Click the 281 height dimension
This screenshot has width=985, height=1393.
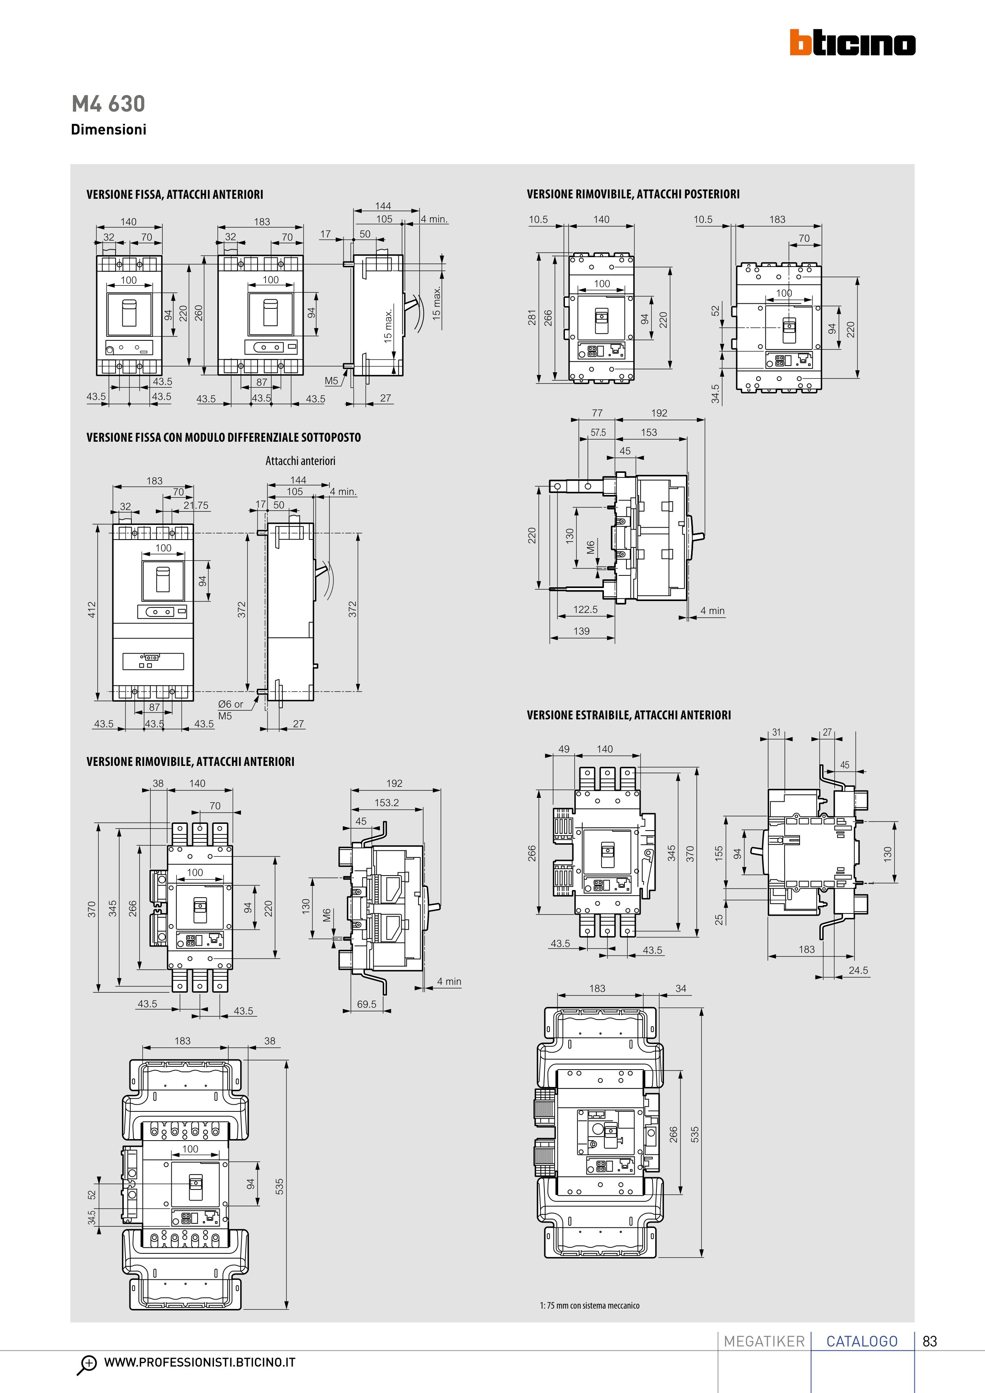pos(532,317)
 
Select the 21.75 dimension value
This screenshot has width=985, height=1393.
pos(196,505)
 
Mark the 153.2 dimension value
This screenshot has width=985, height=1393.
pos(387,803)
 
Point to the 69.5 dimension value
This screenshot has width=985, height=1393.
pos(366,1004)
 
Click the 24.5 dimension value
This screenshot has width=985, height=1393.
pos(858,970)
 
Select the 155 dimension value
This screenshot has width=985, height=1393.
pos(719,853)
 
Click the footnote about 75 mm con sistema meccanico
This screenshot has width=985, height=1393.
pos(589,1305)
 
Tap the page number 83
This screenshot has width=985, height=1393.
pos(930,1341)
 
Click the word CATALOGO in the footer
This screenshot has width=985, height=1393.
pos(862,1341)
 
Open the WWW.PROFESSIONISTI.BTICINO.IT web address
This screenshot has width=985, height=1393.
pos(200,1362)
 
